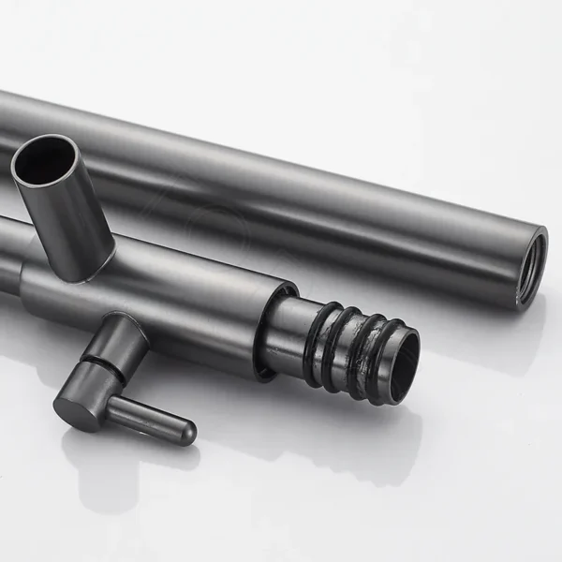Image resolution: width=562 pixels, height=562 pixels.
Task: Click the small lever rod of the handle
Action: [150, 416]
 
